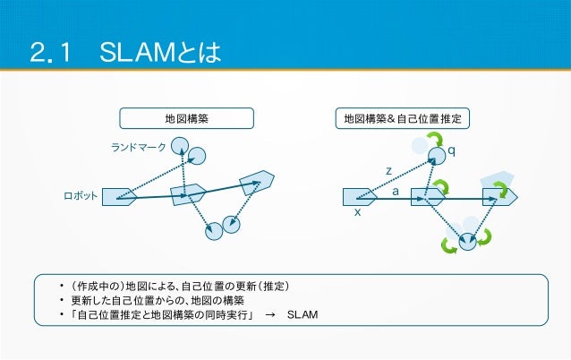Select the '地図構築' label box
[x=187, y=118]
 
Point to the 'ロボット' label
[x=81, y=194]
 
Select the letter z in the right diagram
[x=388, y=170]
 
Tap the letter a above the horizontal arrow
[x=396, y=191]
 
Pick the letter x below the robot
[x=357, y=212]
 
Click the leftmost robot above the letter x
[x=360, y=195]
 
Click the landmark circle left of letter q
[x=436, y=157]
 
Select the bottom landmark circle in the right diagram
[x=467, y=240]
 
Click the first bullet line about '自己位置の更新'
[x=179, y=286]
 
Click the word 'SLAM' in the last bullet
[x=303, y=316]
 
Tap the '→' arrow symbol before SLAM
[x=271, y=316]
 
